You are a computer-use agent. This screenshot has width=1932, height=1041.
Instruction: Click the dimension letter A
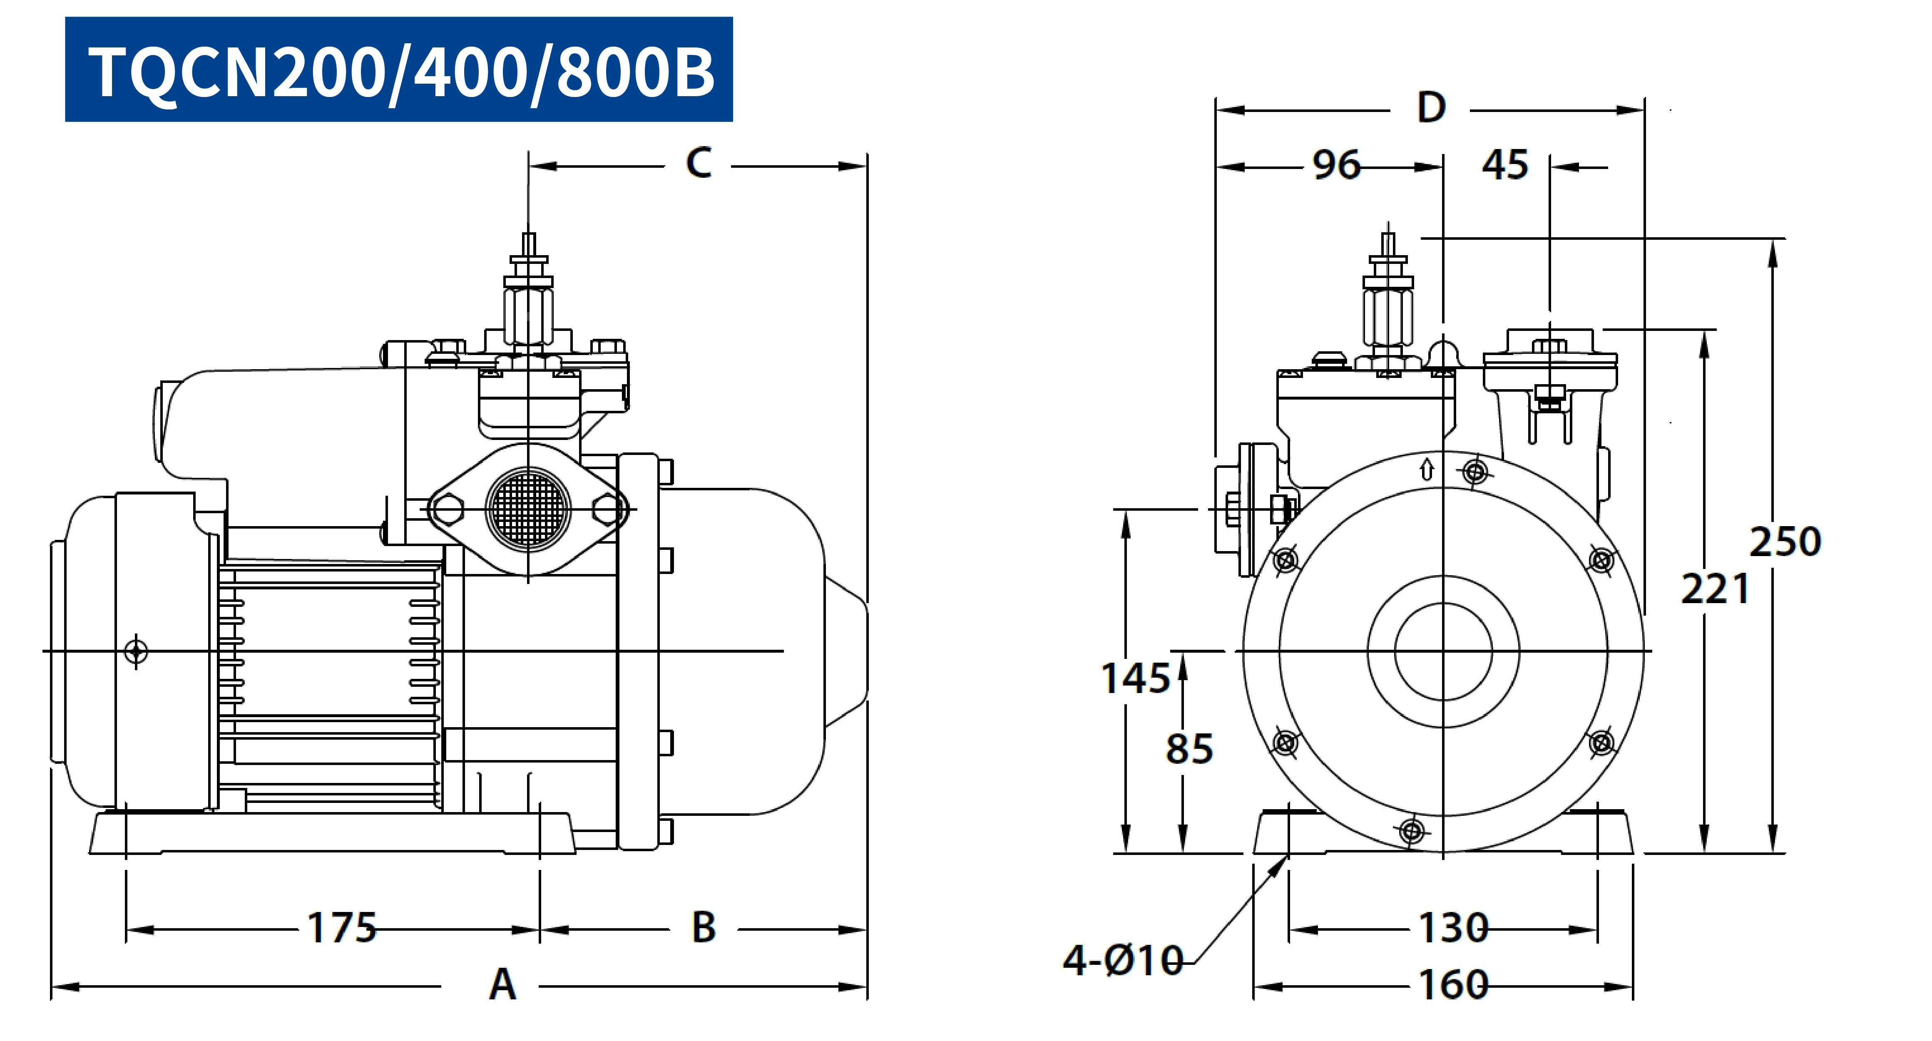(x=502, y=985)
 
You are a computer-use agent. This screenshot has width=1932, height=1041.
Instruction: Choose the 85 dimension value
(x=1189, y=748)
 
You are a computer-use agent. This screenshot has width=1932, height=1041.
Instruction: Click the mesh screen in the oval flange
(x=528, y=509)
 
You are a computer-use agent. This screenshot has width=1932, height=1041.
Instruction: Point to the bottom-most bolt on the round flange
(x=1412, y=831)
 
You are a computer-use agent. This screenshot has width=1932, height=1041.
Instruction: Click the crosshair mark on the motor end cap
(x=136, y=651)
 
